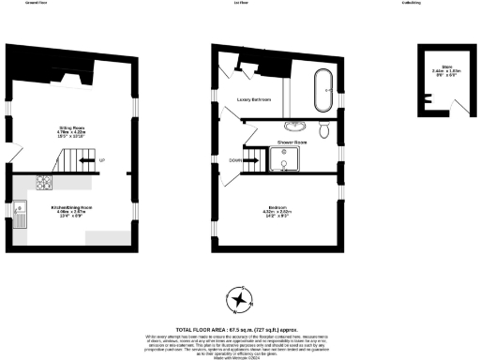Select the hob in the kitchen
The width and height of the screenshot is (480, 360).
pyautogui.click(x=43, y=182)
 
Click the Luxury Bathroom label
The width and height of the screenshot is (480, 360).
pyautogui.click(x=254, y=98)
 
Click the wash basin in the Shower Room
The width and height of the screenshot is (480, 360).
pyautogui.click(x=301, y=125)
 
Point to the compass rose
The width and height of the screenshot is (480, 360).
pyautogui.click(x=242, y=299)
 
